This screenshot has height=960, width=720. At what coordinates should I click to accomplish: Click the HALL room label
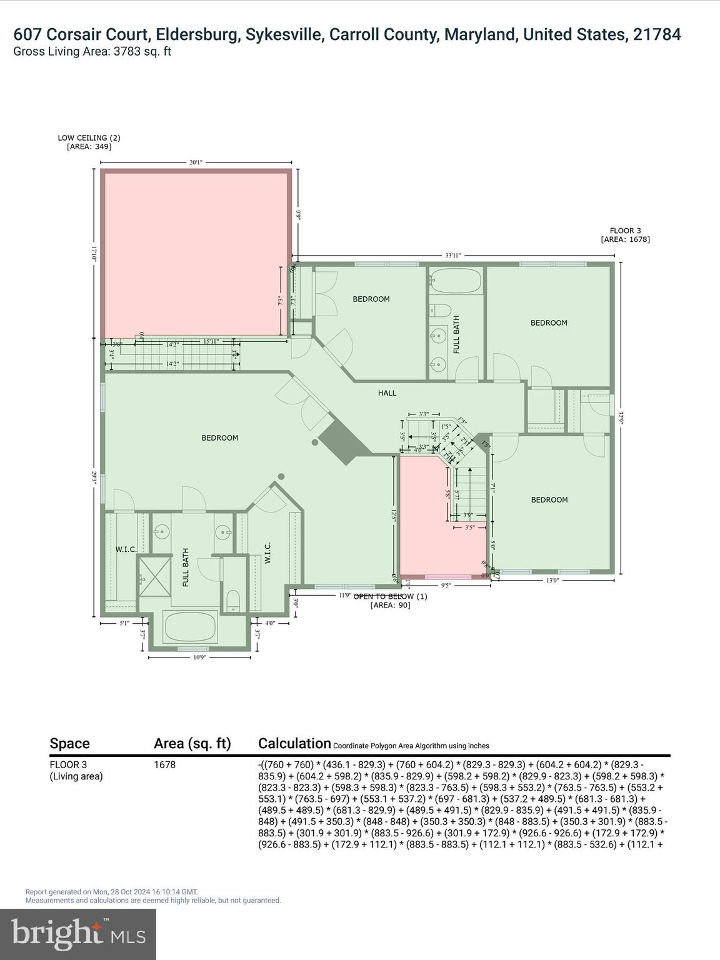pos(387,393)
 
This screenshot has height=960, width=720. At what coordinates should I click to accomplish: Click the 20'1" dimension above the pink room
pos(196,162)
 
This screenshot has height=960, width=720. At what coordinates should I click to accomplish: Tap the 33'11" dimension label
pos(453,255)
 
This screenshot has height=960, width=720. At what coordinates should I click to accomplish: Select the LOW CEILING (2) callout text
pos(89,142)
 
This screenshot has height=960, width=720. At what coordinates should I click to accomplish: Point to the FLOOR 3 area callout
pos(625,235)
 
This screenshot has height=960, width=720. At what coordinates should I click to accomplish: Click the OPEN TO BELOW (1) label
pos(390,600)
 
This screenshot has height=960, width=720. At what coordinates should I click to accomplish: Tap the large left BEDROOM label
pos(219,438)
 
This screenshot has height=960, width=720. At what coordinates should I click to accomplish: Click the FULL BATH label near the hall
pos(456,334)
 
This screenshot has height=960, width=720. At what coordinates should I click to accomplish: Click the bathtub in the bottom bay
pos(190,628)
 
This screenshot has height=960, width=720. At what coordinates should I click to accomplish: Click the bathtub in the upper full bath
pos(456,281)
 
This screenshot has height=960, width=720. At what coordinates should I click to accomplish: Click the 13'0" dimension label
pos(552,580)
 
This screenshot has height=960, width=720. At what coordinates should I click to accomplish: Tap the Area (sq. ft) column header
pos(192,744)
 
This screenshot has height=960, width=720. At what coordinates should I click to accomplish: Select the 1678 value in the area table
pos(164,765)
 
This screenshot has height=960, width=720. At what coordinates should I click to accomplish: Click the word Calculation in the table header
pos(294,744)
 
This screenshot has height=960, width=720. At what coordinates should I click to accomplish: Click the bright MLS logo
pos(78,934)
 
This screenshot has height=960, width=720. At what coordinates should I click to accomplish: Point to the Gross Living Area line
pos(92,51)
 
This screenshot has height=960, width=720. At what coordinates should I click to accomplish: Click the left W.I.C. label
pos(126,549)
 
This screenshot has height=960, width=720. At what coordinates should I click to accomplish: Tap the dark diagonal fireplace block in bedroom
pos(344,441)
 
